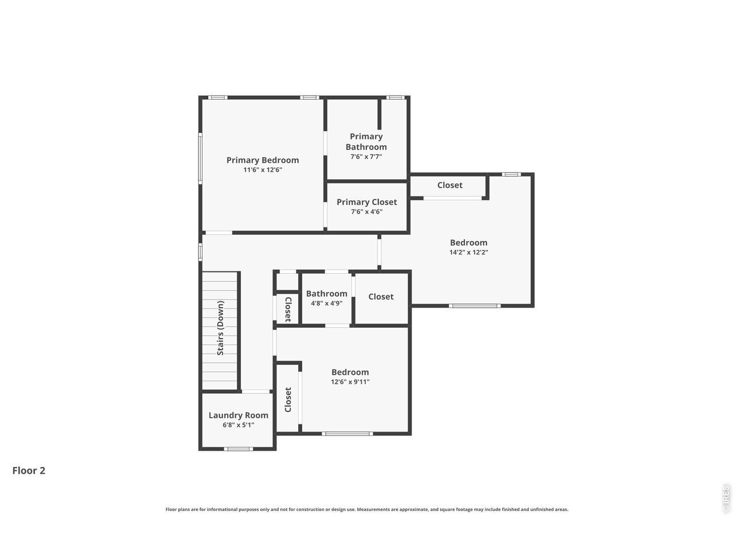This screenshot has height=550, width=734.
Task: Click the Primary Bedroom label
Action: click(263, 160)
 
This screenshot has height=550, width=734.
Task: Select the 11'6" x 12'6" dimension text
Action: click(263, 170)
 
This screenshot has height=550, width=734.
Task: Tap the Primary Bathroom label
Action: click(366, 142)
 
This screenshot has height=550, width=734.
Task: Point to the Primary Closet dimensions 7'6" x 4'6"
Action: click(366, 211)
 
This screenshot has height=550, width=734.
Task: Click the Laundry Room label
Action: click(238, 415)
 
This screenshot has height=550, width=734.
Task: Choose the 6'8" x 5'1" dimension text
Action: click(238, 425)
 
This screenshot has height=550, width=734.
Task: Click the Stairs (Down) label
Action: click(220, 328)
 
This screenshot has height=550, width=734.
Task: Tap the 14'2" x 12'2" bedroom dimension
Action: click(468, 252)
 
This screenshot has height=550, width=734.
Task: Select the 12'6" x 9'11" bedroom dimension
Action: click(350, 382)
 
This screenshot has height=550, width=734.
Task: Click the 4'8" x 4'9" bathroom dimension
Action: click(326, 303)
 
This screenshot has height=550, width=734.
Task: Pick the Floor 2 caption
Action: click(29, 470)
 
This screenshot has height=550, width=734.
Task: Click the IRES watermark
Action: click(725, 499)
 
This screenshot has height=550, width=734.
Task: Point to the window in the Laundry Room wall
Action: click(238, 449)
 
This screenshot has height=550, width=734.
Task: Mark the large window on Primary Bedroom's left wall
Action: click(200, 158)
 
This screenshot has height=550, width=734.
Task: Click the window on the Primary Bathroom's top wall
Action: click(395, 97)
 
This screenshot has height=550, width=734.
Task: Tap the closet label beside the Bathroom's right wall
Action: click(381, 297)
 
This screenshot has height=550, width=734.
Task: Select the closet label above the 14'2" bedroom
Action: click(450, 185)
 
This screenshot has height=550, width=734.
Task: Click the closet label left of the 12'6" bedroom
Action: click(288, 399)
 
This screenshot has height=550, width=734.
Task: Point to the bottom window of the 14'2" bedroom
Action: click(474, 305)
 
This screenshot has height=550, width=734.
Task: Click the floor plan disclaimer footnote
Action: click(367, 509)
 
